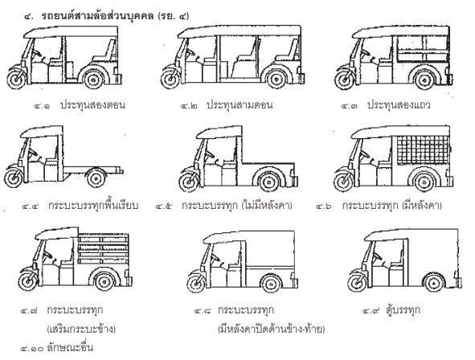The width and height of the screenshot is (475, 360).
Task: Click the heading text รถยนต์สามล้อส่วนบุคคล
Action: click(97, 15)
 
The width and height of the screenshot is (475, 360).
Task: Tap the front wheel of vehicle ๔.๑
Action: click(16, 80)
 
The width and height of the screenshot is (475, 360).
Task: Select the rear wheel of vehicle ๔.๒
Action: click(276, 80)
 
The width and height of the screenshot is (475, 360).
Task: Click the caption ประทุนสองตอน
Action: click(92, 105)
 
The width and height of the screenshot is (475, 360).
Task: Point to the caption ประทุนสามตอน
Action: click(240, 105)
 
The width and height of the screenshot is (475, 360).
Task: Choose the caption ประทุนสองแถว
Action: click(399, 105)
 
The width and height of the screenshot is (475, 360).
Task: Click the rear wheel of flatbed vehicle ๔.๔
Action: click(96, 178)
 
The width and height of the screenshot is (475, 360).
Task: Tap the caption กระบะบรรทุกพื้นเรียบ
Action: click(93, 206)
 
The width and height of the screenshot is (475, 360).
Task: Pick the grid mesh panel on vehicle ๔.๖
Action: click(422, 149)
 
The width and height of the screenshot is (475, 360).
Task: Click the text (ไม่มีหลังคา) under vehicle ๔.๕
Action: click(267, 206)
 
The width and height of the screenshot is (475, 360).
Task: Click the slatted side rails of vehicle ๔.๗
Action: click(103, 249)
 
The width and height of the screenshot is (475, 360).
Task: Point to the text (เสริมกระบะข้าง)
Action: click(81, 329)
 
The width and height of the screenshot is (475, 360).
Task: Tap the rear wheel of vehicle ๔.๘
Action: click(271, 284)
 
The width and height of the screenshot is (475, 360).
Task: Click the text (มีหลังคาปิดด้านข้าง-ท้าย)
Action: click(271, 329)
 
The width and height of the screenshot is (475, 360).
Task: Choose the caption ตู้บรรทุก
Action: click(403, 310)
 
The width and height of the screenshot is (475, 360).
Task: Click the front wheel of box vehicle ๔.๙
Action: click(357, 283)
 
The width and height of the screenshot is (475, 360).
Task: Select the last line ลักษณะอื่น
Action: click(70, 348)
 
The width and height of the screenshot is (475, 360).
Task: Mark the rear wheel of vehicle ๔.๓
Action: click(424, 80)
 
